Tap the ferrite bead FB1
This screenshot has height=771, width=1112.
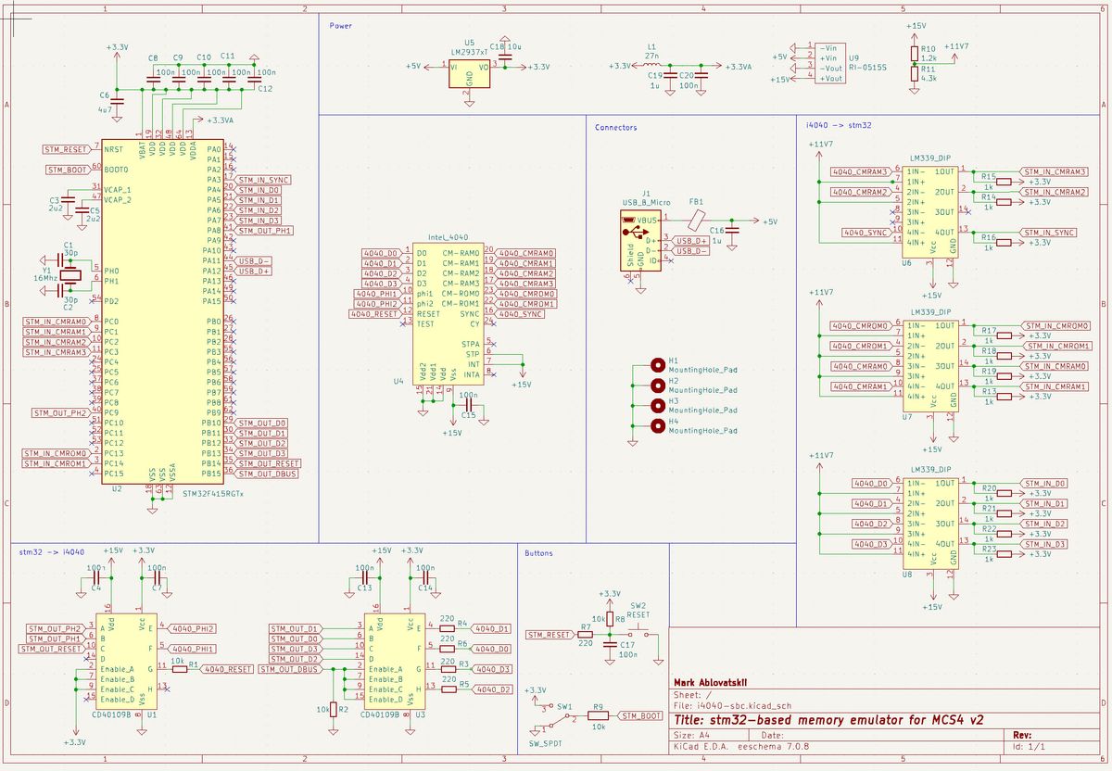pos(696,221)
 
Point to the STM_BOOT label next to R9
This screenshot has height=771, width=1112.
pos(641,715)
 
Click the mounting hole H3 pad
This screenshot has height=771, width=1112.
pos(658,406)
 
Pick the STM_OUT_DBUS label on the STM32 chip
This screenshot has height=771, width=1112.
pos(269,474)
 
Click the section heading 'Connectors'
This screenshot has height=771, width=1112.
pos(615,127)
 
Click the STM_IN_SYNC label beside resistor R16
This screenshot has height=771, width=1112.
pos(1052,232)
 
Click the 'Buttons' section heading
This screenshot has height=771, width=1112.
pos(538,553)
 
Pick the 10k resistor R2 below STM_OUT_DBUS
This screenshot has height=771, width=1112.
pos(333,709)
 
